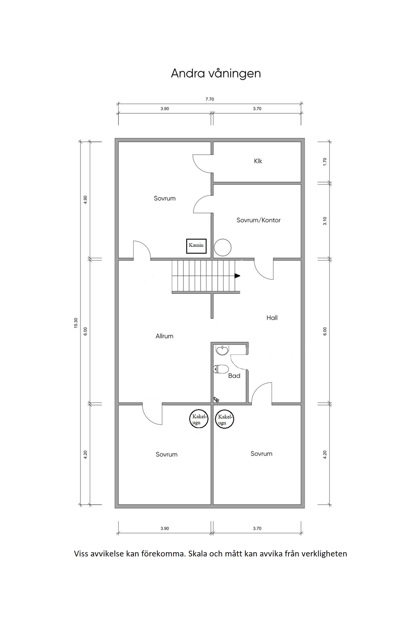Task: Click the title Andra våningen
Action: [216, 74]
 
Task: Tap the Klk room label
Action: [258, 161]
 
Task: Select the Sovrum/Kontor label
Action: [258, 220]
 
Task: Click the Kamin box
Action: [196, 246]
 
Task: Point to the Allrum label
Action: [165, 336]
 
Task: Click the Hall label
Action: [272, 318]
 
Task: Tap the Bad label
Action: [234, 376]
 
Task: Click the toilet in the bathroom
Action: [221, 369]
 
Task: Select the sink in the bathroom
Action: [222, 350]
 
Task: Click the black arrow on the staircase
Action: [237, 276]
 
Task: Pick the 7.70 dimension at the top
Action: [210, 99]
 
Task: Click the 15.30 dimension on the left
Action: [76, 323]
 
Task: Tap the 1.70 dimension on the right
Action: [325, 162]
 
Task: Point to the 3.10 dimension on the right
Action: [325, 221]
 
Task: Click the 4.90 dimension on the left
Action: [85, 200]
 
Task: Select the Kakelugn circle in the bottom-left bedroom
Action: [199, 419]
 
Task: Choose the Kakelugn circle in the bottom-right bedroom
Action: [225, 419]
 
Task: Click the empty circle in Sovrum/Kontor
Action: [222, 247]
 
